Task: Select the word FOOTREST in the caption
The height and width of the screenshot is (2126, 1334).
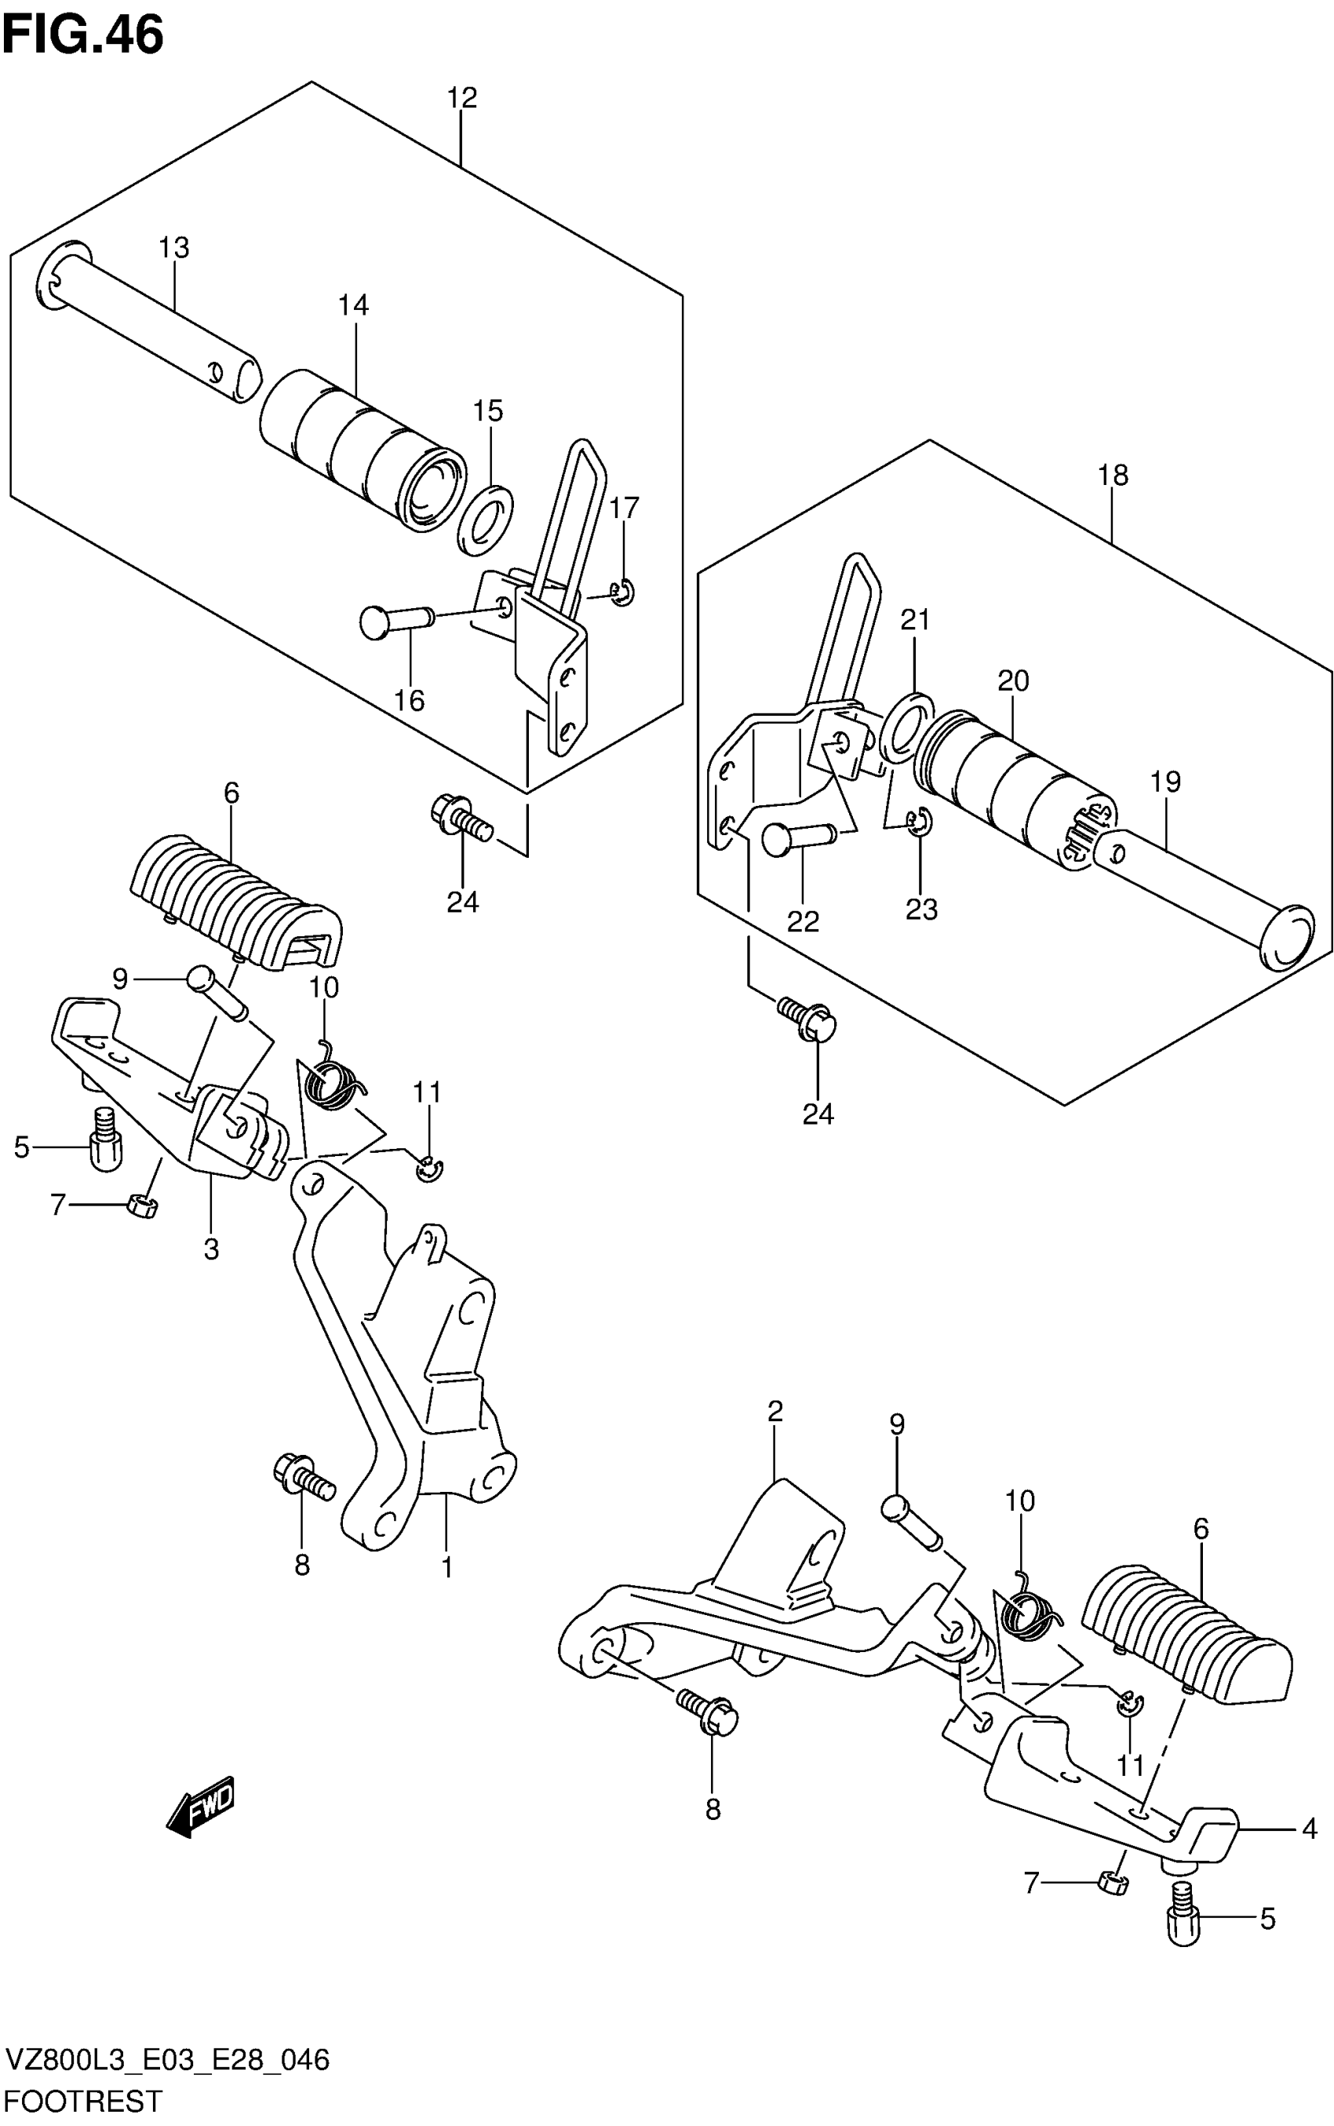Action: coord(84,2102)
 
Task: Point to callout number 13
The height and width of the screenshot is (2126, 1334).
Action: coord(173,249)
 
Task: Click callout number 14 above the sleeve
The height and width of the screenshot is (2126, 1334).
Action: coord(353,305)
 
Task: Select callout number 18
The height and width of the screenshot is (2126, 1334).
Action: coord(1113,476)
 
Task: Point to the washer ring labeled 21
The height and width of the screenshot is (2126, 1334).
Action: coord(906,726)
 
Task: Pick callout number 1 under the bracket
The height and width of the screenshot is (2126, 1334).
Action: coord(446,1566)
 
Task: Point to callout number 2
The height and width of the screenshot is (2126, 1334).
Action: coord(775,1412)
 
